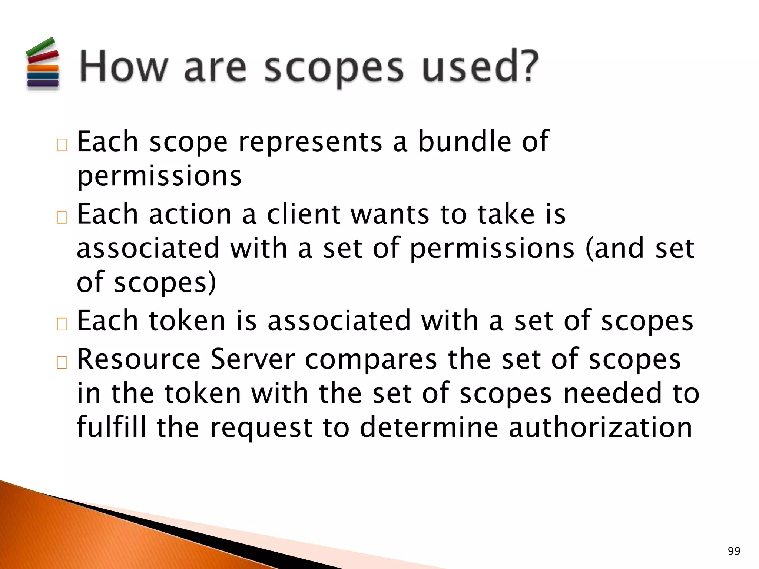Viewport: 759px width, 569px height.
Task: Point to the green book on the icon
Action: coord(40,47)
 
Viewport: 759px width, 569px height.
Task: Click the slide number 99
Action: coord(734,551)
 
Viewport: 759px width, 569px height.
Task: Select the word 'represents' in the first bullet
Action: coord(310,142)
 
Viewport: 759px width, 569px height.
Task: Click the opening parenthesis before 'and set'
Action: coord(589,249)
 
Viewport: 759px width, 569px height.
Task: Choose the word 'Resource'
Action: coord(139,359)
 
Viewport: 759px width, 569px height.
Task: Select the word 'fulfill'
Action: coord(112,427)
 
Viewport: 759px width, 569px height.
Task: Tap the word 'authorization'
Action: coord(600,427)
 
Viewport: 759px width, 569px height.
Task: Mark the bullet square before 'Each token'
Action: coord(62,324)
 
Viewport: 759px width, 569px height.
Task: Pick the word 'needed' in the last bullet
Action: coord(613,393)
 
